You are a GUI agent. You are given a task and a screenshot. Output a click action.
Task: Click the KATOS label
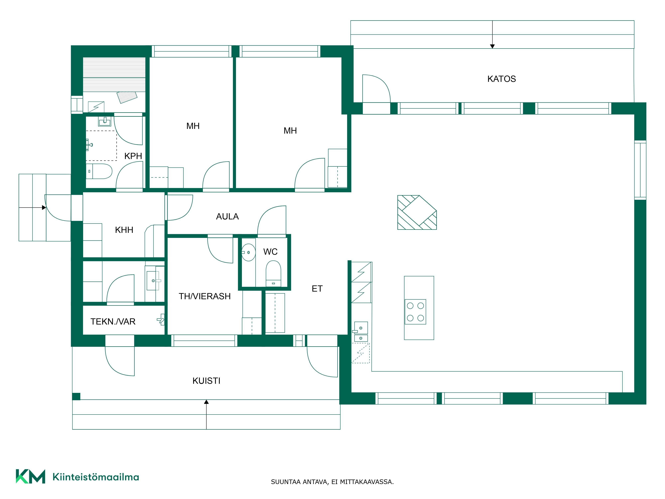(501, 79)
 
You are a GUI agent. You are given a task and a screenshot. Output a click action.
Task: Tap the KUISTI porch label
(206, 381)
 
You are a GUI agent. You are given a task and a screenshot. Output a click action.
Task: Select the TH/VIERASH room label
(204, 296)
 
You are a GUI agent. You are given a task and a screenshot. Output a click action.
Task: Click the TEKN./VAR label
(113, 322)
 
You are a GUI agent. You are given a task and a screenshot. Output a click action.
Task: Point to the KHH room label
(124, 230)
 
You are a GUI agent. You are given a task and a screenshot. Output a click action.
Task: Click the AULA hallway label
(227, 217)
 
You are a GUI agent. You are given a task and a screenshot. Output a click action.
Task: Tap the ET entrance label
(317, 289)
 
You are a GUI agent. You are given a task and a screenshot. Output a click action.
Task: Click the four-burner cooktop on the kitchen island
(415, 312)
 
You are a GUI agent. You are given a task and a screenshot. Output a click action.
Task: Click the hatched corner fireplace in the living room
(416, 212)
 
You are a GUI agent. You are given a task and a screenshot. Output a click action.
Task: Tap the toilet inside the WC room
(273, 272)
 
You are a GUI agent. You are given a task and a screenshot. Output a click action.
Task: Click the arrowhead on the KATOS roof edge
(492, 46)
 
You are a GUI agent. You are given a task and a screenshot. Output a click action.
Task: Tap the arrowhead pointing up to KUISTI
(206, 402)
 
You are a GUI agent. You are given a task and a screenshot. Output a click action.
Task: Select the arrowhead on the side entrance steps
(44, 208)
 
